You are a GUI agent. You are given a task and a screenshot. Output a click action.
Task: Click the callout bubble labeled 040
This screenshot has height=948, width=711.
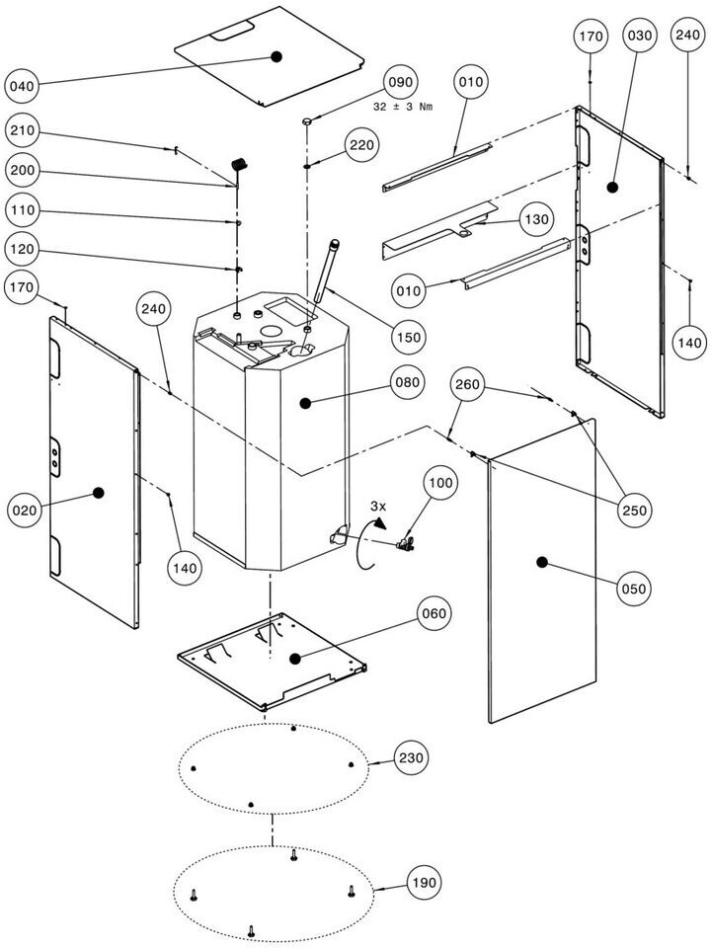[x=23, y=87]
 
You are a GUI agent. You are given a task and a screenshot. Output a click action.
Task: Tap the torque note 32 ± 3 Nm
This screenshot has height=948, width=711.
[x=403, y=106]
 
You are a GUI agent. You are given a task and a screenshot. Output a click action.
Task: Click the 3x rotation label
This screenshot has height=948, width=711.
[x=377, y=506]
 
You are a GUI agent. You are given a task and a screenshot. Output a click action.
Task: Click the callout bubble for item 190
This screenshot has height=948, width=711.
[x=425, y=882]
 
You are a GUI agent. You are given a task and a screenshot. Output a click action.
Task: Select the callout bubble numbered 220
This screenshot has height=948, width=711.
[x=361, y=146]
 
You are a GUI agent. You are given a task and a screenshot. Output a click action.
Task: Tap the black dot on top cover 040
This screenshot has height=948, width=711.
[x=277, y=57]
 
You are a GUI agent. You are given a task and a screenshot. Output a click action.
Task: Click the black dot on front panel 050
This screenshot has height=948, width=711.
[x=542, y=562]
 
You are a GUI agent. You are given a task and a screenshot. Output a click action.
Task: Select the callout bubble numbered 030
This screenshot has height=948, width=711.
[x=639, y=37]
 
